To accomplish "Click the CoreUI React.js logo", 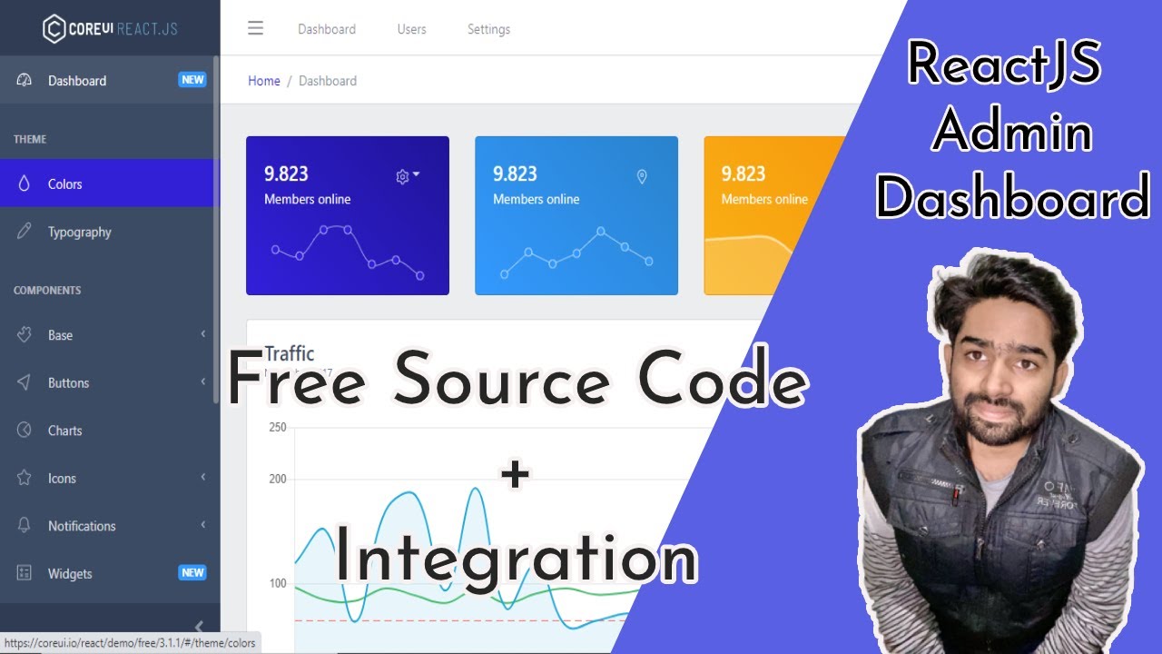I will pyautogui.click(x=110, y=29).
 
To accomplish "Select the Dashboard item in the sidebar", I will pyautogui.click(x=77, y=81).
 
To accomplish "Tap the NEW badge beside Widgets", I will pyautogui.click(x=192, y=573).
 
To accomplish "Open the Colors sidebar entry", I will pyautogui.click(x=64, y=184).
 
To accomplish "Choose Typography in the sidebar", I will pyautogui.click(x=79, y=233).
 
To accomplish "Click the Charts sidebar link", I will pyautogui.click(x=64, y=431).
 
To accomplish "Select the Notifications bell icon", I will pyautogui.click(x=25, y=526).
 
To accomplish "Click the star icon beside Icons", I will pyautogui.click(x=25, y=478).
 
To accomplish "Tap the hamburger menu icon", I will pyautogui.click(x=256, y=29).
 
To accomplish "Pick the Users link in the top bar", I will pyautogui.click(x=411, y=29).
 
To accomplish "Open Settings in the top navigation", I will pyautogui.click(x=488, y=29).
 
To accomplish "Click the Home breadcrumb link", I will pyautogui.click(x=264, y=81).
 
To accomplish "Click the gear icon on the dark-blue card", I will pyautogui.click(x=402, y=177).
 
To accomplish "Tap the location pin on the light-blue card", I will pyautogui.click(x=642, y=177).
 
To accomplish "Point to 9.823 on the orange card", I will pyautogui.click(x=743, y=174).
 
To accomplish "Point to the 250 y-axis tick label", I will pyautogui.click(x=278, y=427).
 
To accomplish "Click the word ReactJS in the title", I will pyautogui.click(x=1004, y=65).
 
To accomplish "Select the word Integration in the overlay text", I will pyautogui.click(x=516, y=559).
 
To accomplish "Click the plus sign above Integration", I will pyautogui.click(x=515, y=475).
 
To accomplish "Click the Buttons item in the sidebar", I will pyautogui.click(x=68, y=383).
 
